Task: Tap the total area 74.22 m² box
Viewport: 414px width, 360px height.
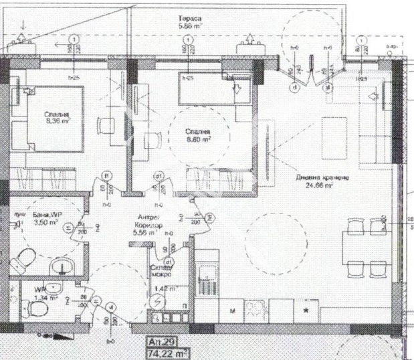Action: pos(168,352)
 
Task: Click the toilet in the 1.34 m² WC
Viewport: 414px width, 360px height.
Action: pos(37,310)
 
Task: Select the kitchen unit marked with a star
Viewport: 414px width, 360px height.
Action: pos(306,311)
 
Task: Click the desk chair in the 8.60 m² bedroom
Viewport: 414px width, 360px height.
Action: pos(153,139)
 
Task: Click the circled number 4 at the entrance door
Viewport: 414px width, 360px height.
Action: pos(111,306)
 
